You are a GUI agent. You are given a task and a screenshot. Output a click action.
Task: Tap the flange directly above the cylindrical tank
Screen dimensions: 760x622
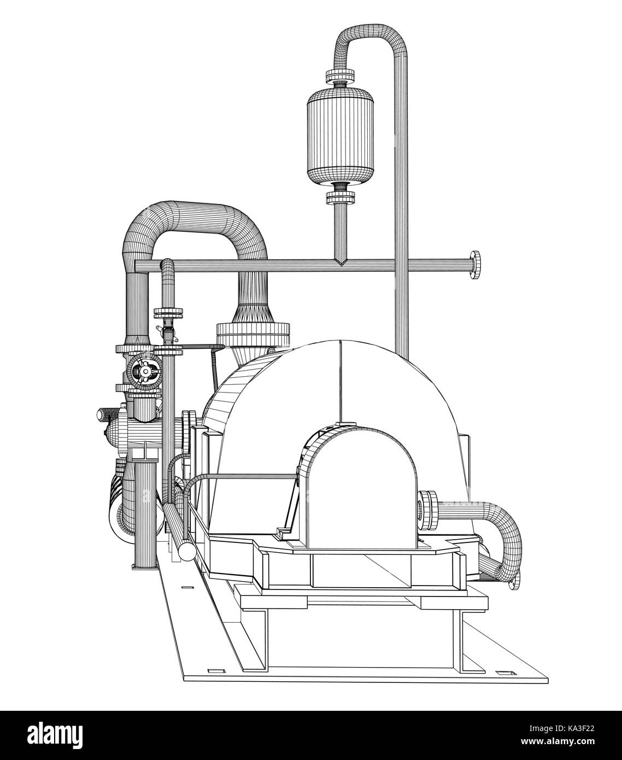click(340, 75)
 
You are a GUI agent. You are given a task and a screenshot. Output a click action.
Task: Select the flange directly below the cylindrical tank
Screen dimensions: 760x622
click(340, 196)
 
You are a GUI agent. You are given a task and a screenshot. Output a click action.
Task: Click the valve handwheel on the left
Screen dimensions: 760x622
click(144, 371)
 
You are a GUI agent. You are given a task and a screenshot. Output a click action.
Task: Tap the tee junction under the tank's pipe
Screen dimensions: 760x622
click(340, 263)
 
